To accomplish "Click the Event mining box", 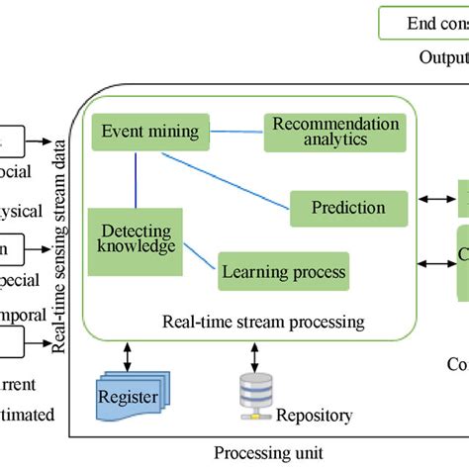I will coord(145,131).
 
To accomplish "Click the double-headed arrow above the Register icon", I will coord(126,353).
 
